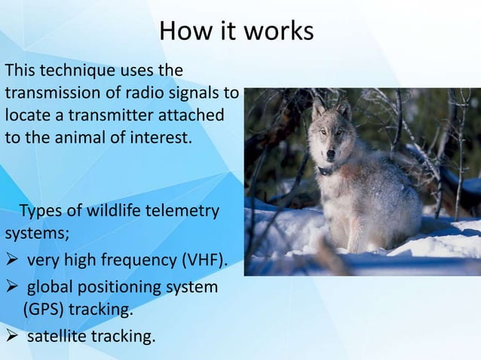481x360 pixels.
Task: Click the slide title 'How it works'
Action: click(236, 32)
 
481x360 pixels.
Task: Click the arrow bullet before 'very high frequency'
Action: click(13, 261)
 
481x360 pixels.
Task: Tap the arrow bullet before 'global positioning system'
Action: click(13, 288)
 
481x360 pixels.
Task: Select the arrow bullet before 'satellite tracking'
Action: click(13, 336)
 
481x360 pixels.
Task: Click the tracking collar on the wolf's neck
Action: click(326, 170)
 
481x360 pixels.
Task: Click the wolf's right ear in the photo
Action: click(345, 110)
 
